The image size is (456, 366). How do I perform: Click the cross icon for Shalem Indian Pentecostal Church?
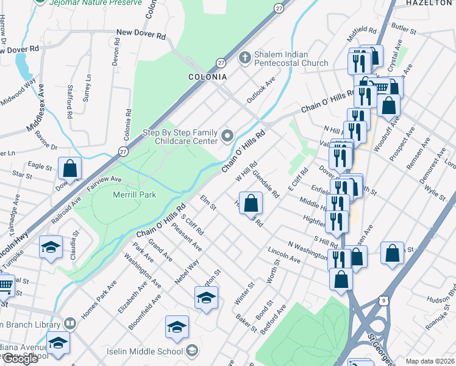point(244,57)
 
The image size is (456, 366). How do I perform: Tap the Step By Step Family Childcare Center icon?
point(228,135)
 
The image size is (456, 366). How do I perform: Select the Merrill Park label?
point(135,195)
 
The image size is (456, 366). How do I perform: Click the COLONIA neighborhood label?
point(207,77)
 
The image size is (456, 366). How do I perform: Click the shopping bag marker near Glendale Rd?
point(251,203)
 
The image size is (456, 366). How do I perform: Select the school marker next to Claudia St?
point(51,247)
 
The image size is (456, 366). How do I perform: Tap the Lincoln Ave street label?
point(284,255)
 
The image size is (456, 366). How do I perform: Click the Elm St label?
point(208,203)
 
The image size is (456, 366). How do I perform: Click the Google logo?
point(20,359)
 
